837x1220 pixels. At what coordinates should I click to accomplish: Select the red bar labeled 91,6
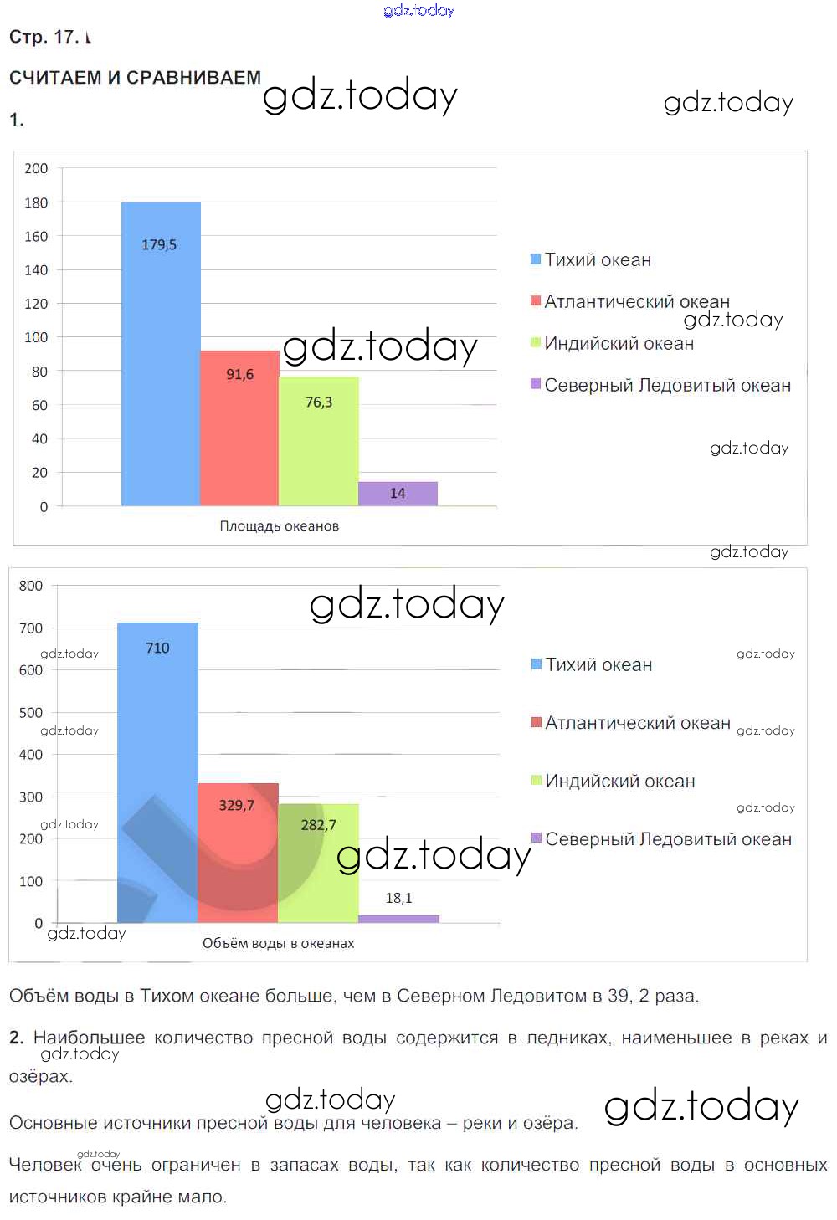239,428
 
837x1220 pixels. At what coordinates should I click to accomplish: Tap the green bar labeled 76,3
319,441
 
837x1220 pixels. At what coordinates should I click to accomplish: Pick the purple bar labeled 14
398,494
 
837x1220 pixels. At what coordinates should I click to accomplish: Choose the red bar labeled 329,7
238,853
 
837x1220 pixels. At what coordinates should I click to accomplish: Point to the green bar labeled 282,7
318,863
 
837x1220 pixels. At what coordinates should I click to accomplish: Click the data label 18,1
398,898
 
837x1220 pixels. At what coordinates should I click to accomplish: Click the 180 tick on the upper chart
36,202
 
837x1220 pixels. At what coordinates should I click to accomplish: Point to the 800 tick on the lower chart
31,586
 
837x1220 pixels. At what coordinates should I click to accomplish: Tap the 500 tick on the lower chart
31,713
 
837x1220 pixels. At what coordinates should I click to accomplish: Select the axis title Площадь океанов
280,526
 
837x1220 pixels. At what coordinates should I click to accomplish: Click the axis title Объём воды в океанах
278,943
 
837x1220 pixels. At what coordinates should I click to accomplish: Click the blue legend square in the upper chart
536,259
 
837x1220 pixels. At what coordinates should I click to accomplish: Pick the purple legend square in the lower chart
537,838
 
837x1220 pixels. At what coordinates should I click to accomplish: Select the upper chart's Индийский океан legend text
619,343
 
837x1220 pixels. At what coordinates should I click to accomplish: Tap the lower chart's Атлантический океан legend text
638,723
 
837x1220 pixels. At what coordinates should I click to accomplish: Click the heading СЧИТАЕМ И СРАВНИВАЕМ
135,78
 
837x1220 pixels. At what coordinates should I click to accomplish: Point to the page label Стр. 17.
44,37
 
